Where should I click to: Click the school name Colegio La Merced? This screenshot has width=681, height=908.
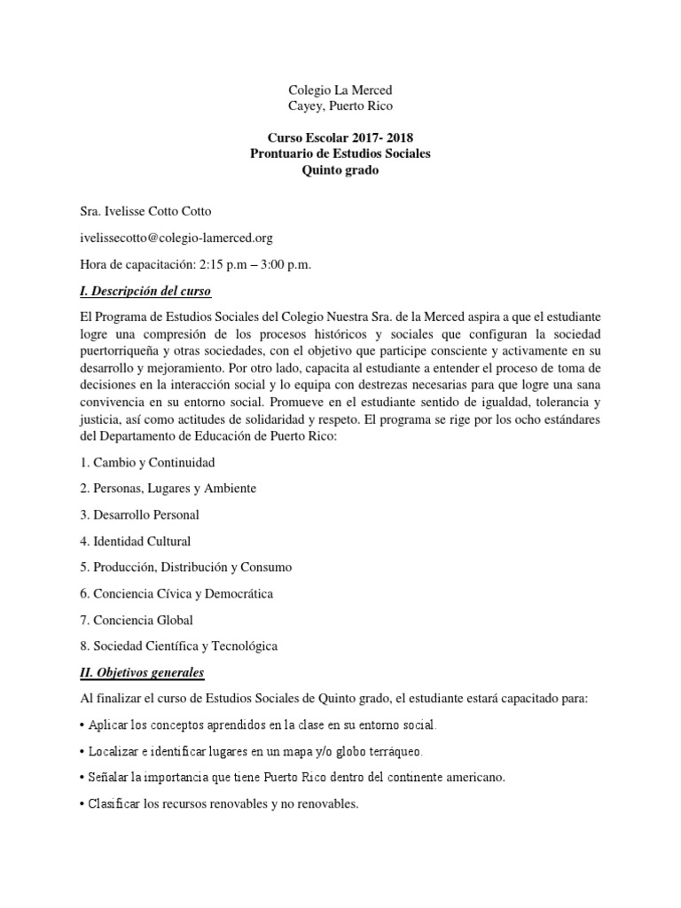340,90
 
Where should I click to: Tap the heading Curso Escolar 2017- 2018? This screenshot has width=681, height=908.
340,137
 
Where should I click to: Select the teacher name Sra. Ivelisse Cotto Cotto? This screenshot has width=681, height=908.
146,211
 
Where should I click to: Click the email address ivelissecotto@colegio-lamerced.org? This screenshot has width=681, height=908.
176,238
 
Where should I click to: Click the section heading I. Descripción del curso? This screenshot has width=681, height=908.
146,292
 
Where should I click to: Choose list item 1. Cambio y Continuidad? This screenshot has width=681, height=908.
147,462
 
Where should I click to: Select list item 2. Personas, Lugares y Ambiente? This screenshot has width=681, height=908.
168,489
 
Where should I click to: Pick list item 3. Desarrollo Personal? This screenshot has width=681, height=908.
140,514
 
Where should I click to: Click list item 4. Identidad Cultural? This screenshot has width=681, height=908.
135,541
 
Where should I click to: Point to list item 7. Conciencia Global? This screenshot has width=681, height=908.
137,620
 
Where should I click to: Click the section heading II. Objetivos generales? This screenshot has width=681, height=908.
142,672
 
